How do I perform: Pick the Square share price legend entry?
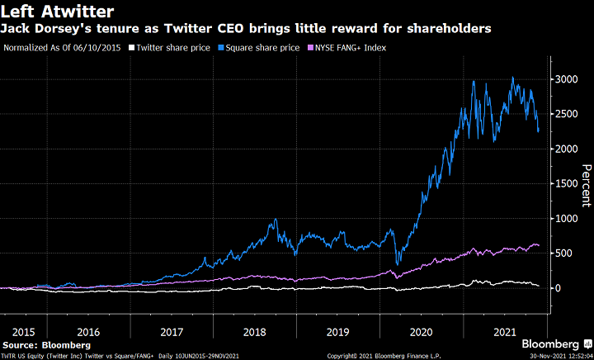point(259,47)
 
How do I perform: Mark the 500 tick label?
point(567,253)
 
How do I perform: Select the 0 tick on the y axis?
point(561,288)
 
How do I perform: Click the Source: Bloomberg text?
point(46,343)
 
